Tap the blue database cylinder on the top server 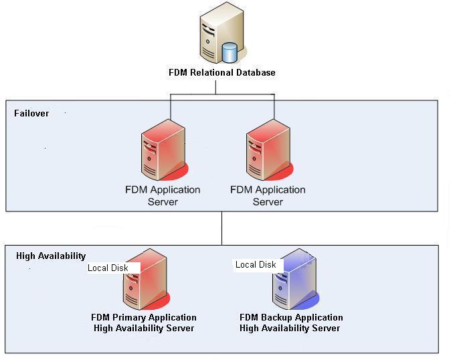230,52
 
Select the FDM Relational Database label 221,72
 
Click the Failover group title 31,113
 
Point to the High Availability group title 51,256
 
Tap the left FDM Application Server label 163,195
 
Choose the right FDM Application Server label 268,195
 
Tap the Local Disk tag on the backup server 256,264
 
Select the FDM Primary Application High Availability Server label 144,323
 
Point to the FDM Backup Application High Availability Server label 291,323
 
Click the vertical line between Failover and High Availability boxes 221,228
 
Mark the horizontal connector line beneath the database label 221,94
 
